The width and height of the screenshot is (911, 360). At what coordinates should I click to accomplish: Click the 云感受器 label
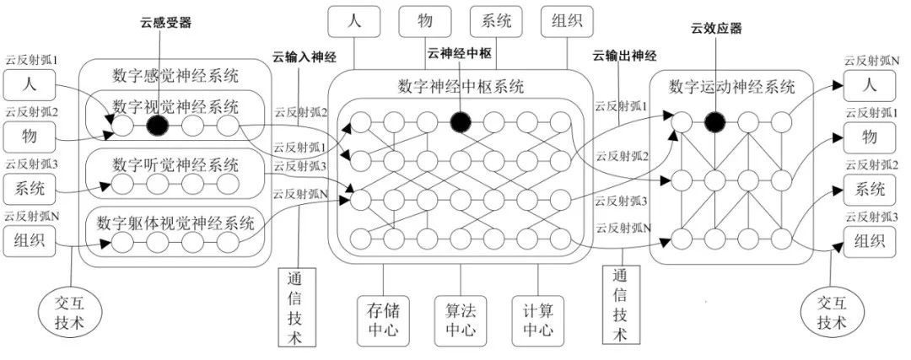point(166,23)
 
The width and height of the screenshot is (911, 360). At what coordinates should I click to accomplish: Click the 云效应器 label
point(716,30)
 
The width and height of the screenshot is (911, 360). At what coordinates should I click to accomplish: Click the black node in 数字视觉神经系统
point(157,126)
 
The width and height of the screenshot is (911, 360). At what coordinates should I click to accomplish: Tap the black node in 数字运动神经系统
point(715,123)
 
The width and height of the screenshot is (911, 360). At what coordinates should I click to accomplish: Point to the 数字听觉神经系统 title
point(176,164)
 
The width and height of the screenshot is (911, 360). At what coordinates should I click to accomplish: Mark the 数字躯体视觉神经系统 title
point(175,223)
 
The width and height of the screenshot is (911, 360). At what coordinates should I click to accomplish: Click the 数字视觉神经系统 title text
point(176,106)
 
